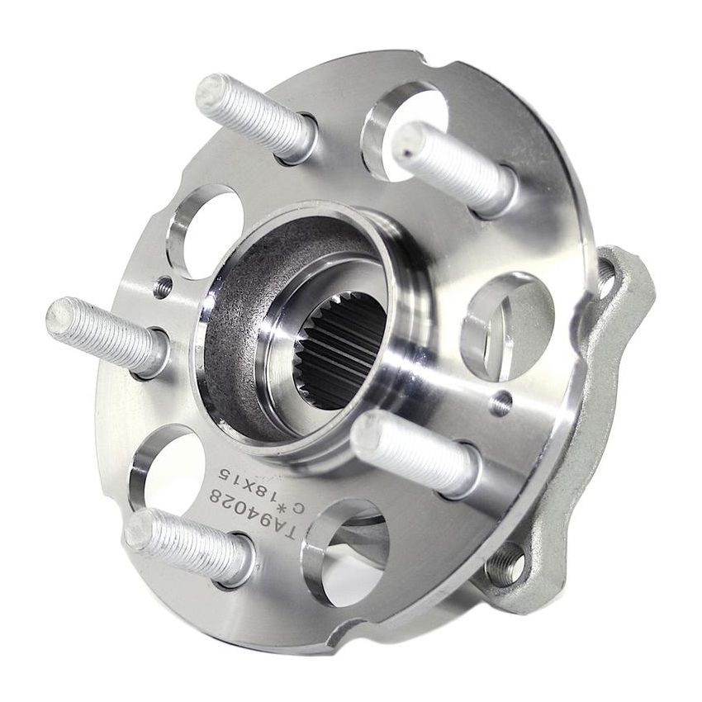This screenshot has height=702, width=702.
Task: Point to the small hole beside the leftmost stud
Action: coord(164,287)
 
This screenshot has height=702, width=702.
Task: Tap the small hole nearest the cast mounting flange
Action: coord(500,404)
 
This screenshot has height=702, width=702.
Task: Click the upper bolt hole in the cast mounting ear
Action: coord(610,270)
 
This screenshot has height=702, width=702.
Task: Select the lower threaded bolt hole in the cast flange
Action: coord(505,567)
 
